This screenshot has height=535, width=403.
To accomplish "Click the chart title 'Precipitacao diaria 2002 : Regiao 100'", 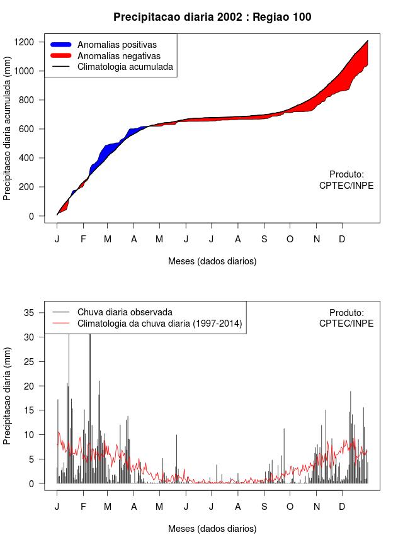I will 212,17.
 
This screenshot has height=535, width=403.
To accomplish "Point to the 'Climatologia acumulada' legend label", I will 125,66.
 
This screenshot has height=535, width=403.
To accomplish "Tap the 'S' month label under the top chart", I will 264,239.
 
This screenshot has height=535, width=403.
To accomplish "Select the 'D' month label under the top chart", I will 342,239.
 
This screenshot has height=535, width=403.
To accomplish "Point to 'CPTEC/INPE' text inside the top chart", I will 346,186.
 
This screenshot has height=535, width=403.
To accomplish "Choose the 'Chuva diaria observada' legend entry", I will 125,312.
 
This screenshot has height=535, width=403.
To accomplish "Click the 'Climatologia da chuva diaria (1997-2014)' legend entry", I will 160,324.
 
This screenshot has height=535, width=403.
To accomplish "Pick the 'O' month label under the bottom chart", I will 290,507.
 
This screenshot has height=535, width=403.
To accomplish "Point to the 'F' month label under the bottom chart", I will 82,507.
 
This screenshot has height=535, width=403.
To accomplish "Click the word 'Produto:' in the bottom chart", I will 346,312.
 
